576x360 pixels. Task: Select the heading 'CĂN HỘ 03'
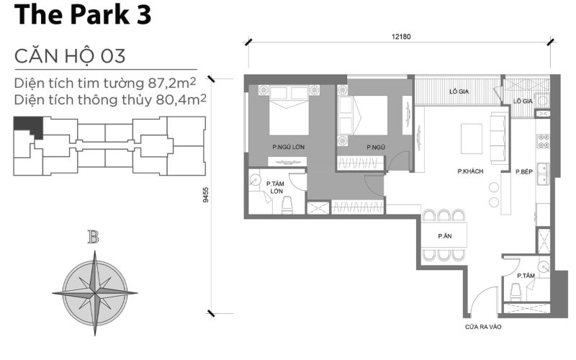point(70,55)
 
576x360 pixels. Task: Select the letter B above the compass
point(93,238)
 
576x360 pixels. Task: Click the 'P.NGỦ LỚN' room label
point(288,148)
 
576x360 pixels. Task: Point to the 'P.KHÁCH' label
point(469,171)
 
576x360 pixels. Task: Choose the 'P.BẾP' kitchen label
point(523,171)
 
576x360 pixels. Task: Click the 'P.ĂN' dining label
point(444,236)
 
